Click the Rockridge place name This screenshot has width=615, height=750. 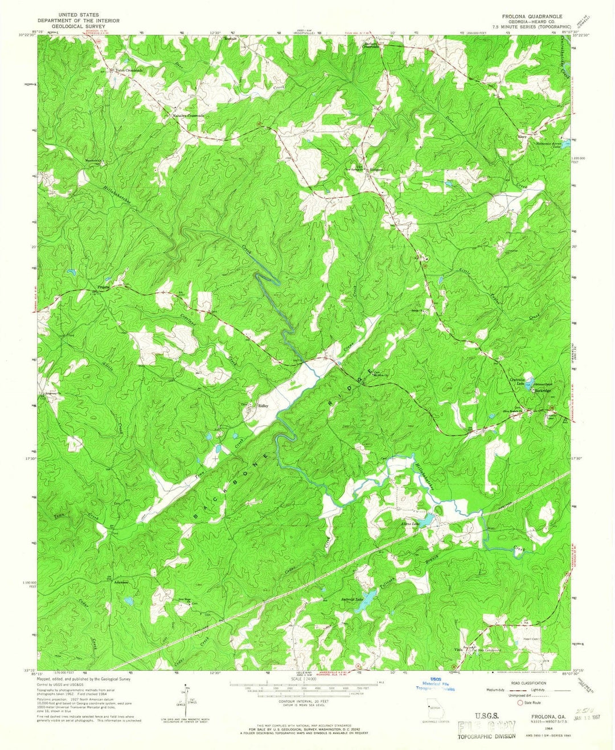(x=542, y=391)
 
